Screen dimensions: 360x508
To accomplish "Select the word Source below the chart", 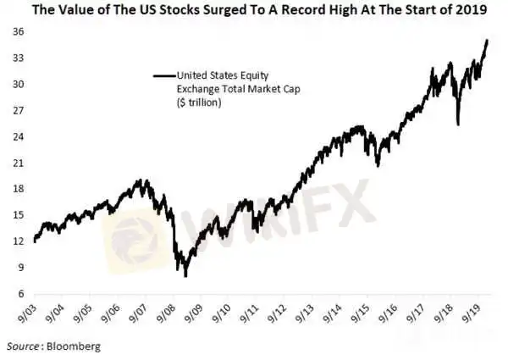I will [23, 346].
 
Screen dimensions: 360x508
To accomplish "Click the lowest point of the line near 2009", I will [185, 276].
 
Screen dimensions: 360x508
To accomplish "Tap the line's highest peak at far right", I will [486, 40].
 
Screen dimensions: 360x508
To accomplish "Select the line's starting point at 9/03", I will [34, 241].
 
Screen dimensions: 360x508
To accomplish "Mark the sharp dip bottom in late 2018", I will [457, 125].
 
